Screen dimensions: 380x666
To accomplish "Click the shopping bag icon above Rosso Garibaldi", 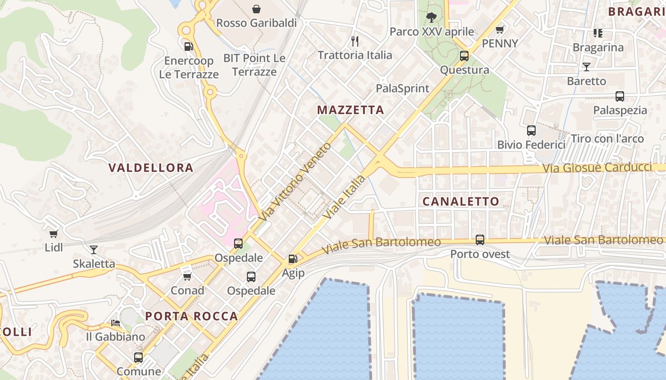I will (256, 9).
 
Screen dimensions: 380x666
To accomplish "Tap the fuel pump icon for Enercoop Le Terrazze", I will (189, 47).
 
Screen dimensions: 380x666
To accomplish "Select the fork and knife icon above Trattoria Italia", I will (354, 41).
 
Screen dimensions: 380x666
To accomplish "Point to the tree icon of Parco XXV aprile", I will (431, 18).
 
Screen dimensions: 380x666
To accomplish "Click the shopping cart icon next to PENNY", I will (499, 30).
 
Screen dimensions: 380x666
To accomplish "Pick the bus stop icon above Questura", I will (464, 56).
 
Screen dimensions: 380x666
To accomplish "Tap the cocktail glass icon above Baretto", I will (586, 67).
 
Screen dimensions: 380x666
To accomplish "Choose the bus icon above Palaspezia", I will (619, 96).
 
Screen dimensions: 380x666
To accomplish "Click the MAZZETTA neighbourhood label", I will (350, 110).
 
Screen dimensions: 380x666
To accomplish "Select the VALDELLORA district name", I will (151, 168).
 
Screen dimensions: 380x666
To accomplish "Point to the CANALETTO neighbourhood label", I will (461, 201).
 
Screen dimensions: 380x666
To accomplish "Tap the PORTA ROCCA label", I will (191, 316).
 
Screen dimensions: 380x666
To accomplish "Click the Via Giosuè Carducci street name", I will (597, 168).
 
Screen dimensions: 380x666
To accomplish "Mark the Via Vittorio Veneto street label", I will (295, 181).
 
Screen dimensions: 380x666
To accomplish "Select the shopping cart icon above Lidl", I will (54, 234).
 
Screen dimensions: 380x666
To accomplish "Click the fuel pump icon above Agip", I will (293, 259).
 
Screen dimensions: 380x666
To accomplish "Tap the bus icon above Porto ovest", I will (480, 240).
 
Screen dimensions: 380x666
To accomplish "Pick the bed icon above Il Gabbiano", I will (116, 323).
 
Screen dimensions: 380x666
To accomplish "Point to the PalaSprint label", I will (402, 88).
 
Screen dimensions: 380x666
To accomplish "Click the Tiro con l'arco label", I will (607, 139).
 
